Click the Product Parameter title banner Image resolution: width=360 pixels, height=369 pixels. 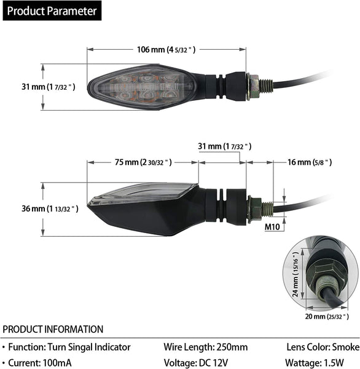(52, 10)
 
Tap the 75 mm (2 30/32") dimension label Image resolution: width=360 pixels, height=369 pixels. (143, 162)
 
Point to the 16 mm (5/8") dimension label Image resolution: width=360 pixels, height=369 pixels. (310, 162)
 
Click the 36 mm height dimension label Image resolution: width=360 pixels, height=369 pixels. (50, 208)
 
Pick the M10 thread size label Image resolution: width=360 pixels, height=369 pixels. (272, 227)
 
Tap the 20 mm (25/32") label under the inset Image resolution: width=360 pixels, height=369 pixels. (327, 317)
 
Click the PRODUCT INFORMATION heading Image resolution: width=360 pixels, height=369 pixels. (53, 329)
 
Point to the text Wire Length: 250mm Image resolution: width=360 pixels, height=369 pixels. (206, 347)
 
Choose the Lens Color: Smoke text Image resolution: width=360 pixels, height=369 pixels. (323, 347)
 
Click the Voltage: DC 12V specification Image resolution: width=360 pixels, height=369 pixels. (196, 363)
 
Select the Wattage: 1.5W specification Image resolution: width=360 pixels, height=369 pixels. (315, 363)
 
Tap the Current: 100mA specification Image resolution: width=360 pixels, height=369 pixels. (40, 363)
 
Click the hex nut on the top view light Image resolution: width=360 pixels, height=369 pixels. (253, 86)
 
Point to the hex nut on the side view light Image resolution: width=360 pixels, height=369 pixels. (254, 209)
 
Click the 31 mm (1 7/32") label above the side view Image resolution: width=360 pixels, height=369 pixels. (225, 146)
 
